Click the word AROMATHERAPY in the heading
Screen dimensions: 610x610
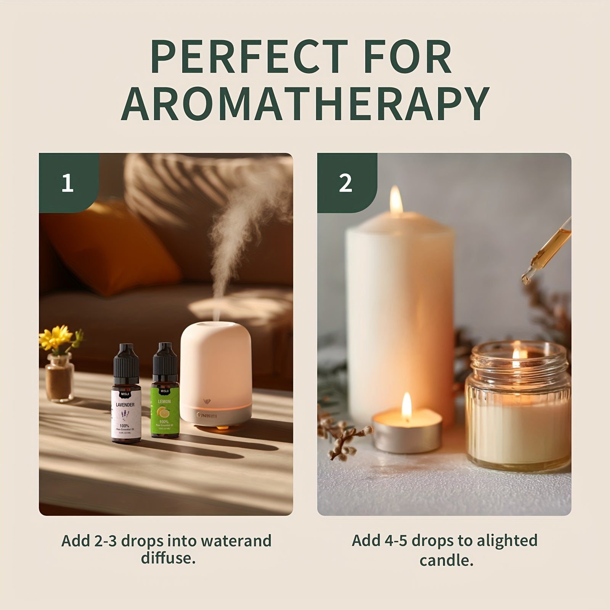(x=305, y=103)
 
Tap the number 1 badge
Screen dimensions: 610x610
(x=67, y=183)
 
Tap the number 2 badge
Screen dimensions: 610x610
(x=345, y=183)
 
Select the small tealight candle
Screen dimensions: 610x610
(x=407, y=433)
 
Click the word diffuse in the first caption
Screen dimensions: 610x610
(x=168, y=558)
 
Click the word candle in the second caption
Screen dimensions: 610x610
(x=446, y=560)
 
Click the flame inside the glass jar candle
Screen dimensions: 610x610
(x=516, y=355)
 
